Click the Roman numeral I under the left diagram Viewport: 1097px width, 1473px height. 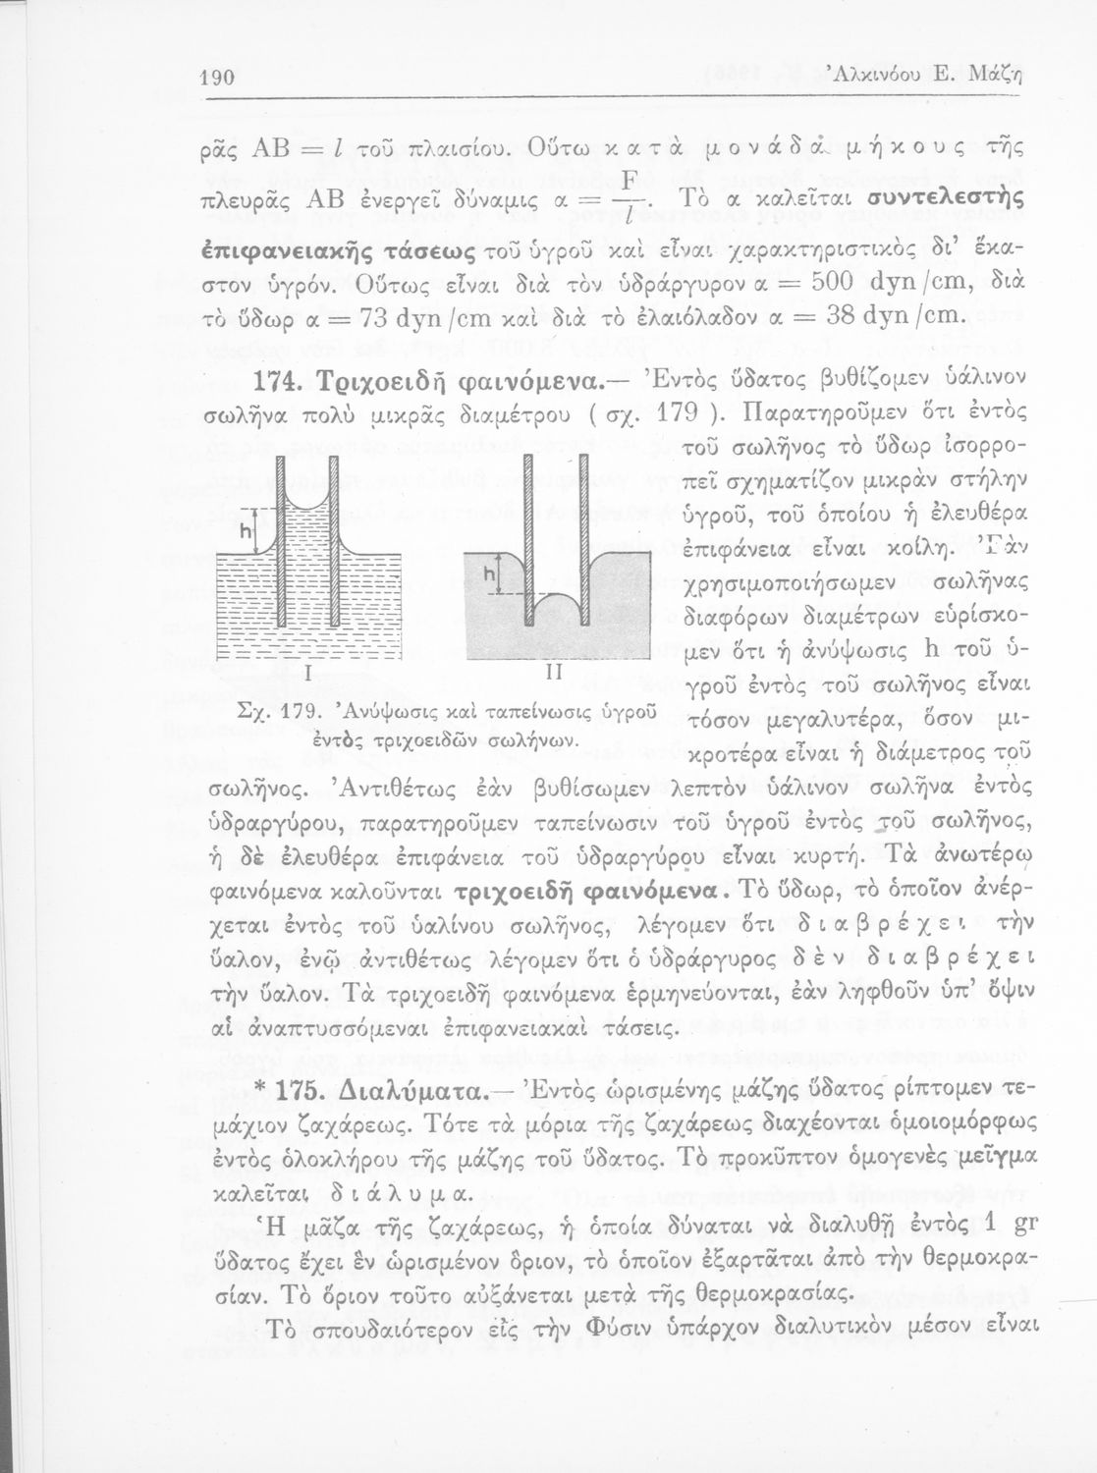(x=307, y=674)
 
